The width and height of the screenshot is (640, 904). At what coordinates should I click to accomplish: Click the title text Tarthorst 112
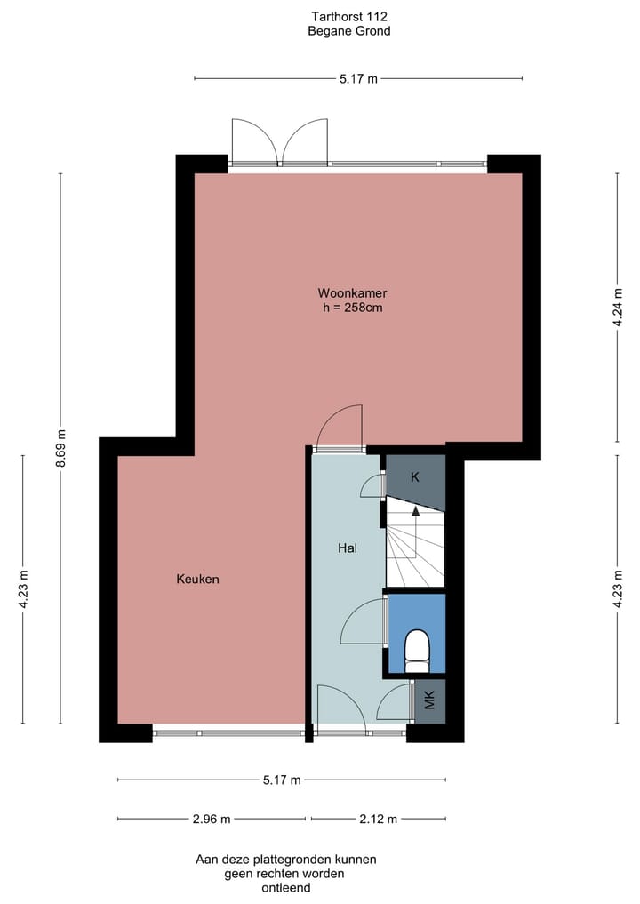pos(349,16)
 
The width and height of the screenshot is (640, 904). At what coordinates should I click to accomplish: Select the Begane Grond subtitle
pos(349,31)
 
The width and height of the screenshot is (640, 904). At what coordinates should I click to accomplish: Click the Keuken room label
pos(197,579)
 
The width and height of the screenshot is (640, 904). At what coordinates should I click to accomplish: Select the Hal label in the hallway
pos(348,548)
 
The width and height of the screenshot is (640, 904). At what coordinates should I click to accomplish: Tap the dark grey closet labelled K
pos(414,477)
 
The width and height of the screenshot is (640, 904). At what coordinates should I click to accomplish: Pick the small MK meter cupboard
pos(429,701)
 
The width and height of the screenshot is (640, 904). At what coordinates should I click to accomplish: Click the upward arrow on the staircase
pos(415,513)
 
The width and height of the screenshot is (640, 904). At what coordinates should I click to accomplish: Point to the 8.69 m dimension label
pos(60,449)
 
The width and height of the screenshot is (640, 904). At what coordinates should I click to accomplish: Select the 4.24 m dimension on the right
pos(618,307)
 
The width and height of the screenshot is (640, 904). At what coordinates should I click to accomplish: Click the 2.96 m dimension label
pos(212,819)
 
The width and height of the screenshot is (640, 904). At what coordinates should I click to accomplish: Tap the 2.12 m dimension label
pos(379,819)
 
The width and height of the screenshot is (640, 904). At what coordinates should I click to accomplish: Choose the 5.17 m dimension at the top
pos(358,79)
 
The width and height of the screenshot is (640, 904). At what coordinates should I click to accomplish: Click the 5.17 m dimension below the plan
pos(282,780)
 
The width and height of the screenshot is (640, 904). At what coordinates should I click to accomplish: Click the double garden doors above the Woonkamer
pos(279,142)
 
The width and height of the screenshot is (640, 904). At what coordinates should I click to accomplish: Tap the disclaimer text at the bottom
pos(285,873)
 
